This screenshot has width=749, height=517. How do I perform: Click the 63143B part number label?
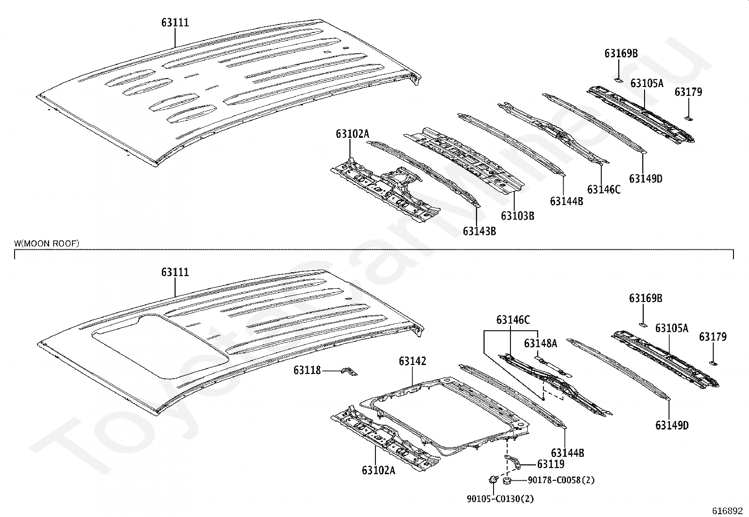479,231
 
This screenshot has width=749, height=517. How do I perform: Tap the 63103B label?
517,216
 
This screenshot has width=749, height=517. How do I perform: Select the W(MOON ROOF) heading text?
47,244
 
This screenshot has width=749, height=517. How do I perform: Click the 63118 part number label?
307,370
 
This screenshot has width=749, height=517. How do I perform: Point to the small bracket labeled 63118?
349,371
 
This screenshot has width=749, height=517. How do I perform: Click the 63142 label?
412,361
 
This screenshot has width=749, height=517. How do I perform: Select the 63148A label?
541,343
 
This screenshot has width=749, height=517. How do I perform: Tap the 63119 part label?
551,464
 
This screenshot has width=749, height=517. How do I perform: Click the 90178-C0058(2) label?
561,480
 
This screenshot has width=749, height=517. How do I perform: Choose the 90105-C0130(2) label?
500,499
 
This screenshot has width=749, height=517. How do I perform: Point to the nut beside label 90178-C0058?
507,481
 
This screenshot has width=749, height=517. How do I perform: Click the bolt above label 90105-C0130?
493,479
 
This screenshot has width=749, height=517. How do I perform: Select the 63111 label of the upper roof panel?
175,23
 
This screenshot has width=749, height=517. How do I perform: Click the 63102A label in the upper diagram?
352,134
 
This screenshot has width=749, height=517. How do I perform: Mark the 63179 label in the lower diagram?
713,336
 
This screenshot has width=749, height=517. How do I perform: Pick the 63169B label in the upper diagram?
621,53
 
